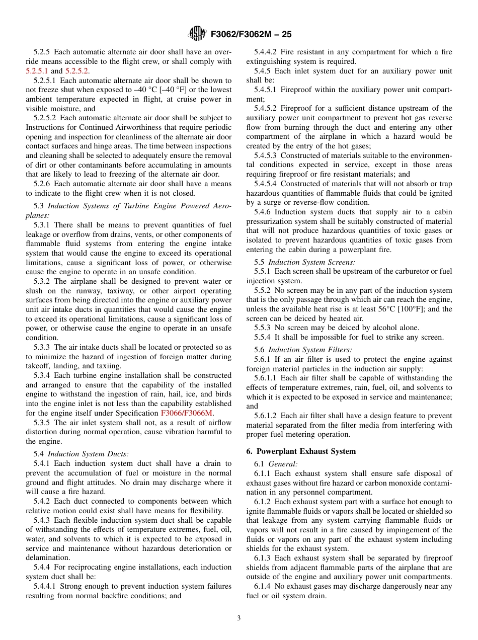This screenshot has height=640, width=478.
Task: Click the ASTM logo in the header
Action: [197, 34]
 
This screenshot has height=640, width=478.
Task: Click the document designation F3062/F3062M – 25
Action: [251, 34]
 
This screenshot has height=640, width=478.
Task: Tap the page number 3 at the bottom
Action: [239, 618]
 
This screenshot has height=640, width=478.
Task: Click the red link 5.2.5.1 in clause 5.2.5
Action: [37, 71]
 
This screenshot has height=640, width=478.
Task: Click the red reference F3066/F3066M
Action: [186, 413]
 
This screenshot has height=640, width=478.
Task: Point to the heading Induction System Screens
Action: [311, 262]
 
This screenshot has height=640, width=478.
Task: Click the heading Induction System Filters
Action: [310, 350]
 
